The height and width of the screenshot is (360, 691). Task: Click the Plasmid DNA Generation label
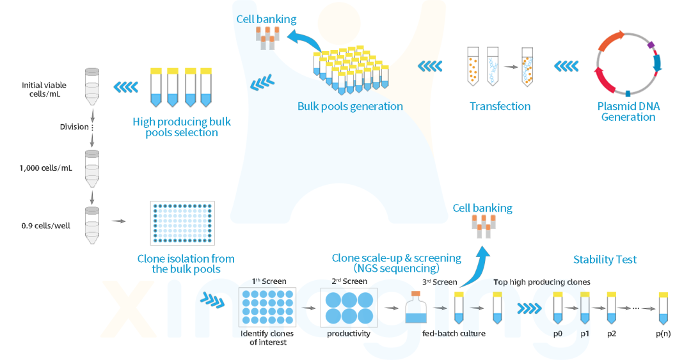pos(628,111)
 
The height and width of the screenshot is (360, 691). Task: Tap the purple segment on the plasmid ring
pos(651,45)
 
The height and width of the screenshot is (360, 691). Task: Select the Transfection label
pos(500,106)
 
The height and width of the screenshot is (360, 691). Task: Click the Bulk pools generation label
pos(350,106)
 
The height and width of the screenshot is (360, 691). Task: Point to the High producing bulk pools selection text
pos(182,127)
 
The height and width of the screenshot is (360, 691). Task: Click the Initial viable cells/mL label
pos(44,90)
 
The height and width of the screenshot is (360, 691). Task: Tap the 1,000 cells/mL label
pos(45,168)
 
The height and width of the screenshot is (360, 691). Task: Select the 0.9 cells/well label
pos(46,226)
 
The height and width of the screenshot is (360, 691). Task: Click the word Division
pos(74,127)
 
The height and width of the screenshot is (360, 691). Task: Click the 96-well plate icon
pos(182,223)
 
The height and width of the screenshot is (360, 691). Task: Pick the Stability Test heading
pos(605,260)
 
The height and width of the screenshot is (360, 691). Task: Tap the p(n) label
pos(663,334)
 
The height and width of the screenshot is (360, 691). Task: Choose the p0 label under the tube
pos(557,334)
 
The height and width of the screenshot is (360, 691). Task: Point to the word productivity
pos(349,334)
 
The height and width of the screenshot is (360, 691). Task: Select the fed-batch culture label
pos(454,334)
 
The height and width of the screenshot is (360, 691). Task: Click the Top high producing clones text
pos(542,282)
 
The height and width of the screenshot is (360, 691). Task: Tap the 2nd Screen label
pos(349,281)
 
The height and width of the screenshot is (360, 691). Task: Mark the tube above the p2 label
pos(611,308)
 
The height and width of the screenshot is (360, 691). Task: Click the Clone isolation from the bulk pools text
pos(186,264)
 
